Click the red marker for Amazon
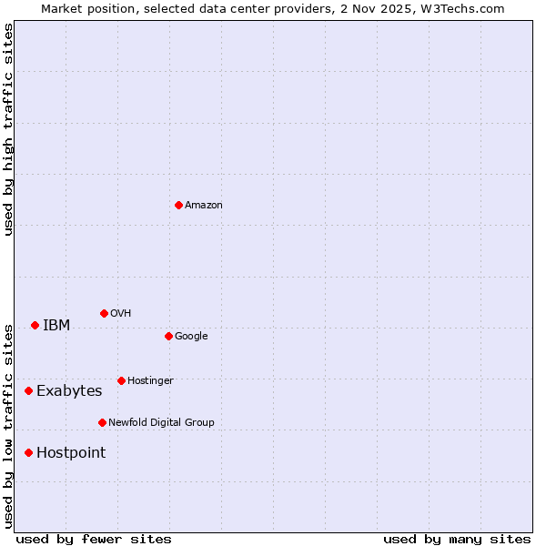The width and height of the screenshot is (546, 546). (178, 205)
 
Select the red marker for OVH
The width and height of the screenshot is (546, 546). (104, 313)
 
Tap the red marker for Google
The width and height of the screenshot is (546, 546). (168, 336)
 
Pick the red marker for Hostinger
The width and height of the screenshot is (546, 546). (121, 380)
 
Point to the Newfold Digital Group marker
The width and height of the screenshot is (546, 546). (102, 422)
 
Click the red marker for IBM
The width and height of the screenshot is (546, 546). (35, 325)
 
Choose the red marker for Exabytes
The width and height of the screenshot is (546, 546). (28, 390)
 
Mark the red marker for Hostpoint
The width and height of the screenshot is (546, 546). (28, 452)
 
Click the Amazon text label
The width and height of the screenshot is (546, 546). (203, 206)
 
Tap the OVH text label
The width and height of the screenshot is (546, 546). (120, 314)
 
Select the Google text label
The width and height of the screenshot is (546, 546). (191, 337)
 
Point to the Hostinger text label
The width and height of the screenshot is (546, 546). (150, 381)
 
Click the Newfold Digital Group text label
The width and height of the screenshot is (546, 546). (161, 423)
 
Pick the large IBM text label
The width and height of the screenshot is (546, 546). (56, 326)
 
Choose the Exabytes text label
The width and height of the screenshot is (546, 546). (69, 391)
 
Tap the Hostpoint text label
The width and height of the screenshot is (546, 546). (71, 453)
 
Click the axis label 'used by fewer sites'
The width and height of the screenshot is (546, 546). (94, 539)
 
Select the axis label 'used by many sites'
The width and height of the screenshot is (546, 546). (457, 539)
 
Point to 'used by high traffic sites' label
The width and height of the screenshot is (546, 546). (9, 129)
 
